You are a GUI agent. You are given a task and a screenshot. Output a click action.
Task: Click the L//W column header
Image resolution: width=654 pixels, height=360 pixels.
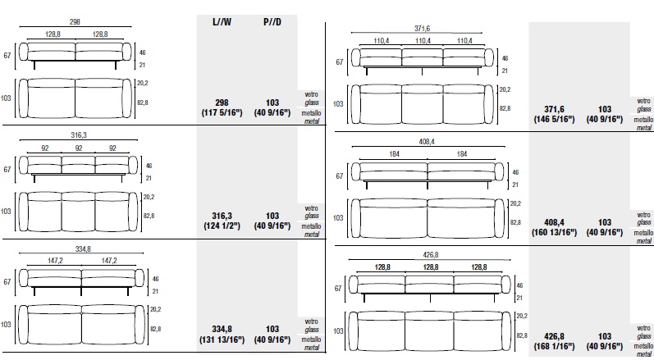tap(222, 22)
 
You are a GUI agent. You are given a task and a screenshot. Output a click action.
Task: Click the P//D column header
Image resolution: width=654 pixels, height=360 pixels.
tap(272, 22)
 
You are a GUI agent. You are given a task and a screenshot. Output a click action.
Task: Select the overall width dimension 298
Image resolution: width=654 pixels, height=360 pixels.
tap(75, 22)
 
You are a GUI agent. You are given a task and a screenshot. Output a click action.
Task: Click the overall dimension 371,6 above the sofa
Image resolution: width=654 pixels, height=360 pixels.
tap(422, 29)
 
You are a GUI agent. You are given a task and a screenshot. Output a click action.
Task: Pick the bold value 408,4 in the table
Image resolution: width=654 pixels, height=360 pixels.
tap(554, 222)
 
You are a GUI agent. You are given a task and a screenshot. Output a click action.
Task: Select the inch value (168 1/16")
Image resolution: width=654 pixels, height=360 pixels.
tap(554, 346)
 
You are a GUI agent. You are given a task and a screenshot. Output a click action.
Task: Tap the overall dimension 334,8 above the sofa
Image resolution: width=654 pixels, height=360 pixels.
tap(83, 249)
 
